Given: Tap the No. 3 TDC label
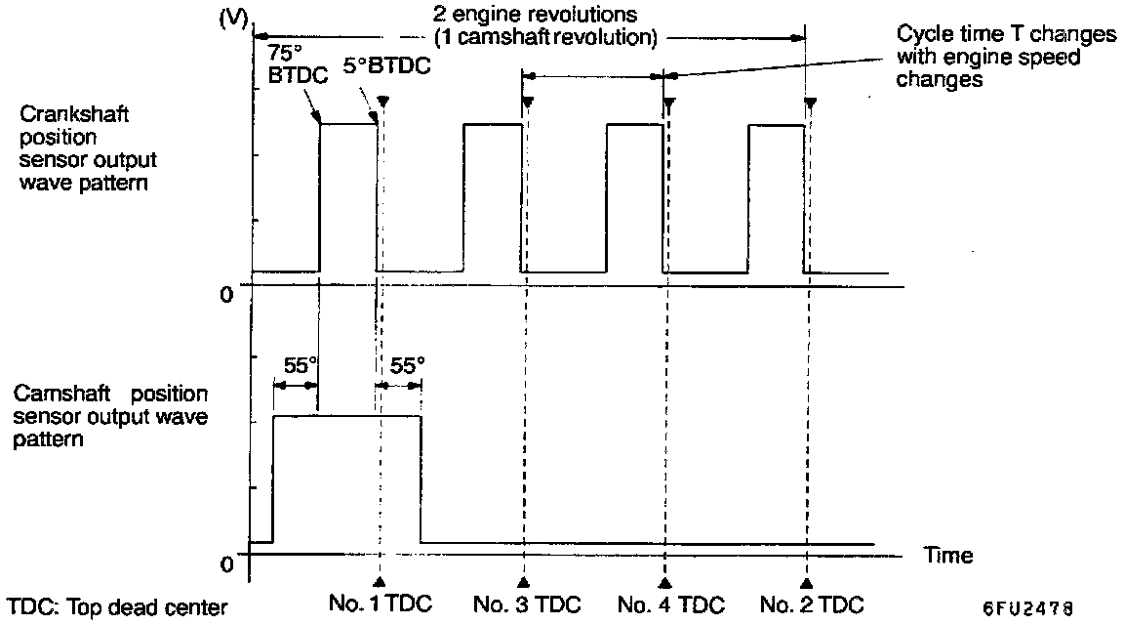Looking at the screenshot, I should (x=526, y=605).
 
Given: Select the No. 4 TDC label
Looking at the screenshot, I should (x=670, y=605).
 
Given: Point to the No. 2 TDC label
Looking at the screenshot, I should (x=811, y=605).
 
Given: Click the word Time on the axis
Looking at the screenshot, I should (x=948, y=555).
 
